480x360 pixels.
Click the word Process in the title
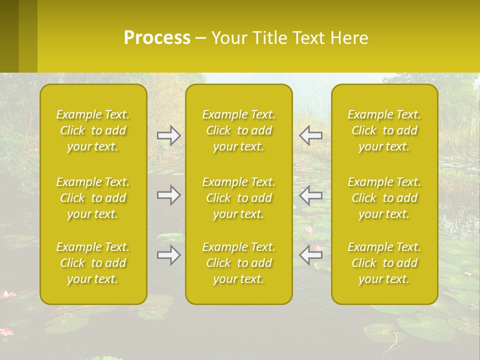[x=157, y=38]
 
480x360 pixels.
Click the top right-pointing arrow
[x=168, y=135]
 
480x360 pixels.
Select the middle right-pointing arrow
[x=168, y=195]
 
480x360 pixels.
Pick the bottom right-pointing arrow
[x=168, y=255]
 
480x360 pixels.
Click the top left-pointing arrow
[x=310, y=135]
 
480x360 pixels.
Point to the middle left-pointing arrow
[x=310, y=195]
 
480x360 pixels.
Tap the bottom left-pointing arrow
[x=310, y=255]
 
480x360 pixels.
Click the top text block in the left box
[x=93, y=130]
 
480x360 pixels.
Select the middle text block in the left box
[x=93, y=198]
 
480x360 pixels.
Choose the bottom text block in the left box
[x=93, y=263]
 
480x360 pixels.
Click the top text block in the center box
[x=239, y=130]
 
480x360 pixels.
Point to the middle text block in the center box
[x=239, y=198]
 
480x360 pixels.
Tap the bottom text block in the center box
[x=239, y=263]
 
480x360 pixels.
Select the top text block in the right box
[x=384, y=130]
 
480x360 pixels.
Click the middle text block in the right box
[x=384, y=198]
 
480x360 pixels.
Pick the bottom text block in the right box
[x=384, y=263]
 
